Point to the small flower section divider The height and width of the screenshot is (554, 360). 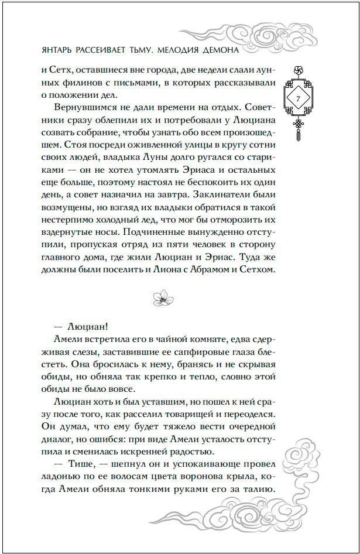click(x=159, y=298)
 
